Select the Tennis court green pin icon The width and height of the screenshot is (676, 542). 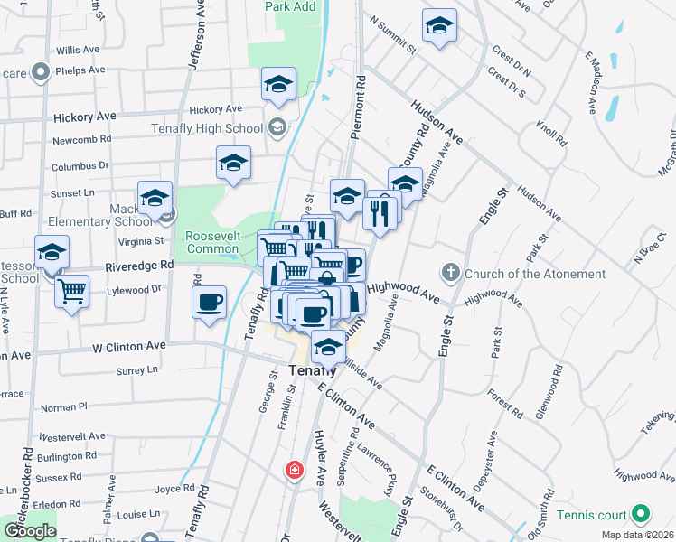(x=642, y=515)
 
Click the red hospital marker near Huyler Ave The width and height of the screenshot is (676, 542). (x=294, y=470)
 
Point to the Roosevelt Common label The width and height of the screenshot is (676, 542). (x=211, y=242)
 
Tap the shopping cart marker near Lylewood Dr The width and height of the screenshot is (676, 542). (x=71, y=291)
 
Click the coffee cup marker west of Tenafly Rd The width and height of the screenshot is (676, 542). (x=209, y=301)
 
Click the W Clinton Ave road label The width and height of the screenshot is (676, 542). (x=129, y=346)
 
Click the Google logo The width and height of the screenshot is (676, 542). (x=29, y=531)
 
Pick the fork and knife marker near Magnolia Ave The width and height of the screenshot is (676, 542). (x=379, y=214)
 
